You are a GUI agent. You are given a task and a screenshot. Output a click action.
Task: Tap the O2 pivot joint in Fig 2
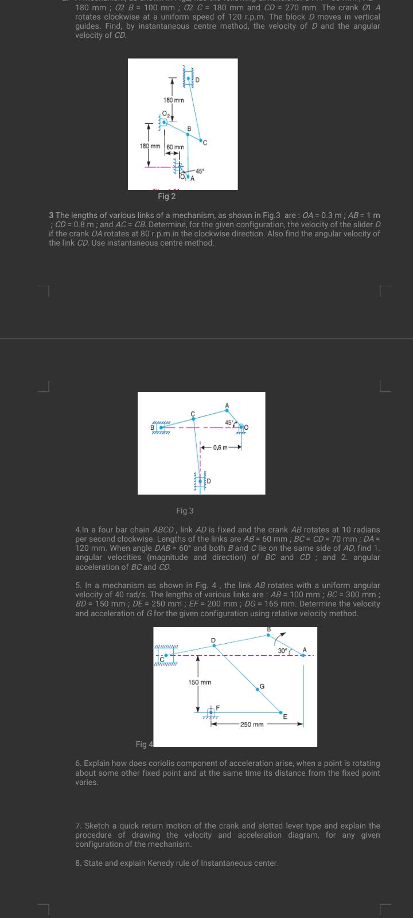165,122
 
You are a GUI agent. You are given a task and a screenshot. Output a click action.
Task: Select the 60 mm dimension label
176,147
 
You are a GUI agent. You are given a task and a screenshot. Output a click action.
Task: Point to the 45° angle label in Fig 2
199,171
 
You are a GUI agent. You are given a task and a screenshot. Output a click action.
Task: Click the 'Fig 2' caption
166,196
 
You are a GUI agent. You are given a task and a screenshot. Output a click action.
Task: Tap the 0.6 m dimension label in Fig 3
219,448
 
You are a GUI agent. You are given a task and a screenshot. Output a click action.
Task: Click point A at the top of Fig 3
227,409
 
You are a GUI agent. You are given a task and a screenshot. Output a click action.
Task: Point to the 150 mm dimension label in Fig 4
200,682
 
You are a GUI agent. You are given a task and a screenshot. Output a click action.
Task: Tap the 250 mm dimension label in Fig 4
252,724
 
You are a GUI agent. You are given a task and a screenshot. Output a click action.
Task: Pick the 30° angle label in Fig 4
282,651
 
